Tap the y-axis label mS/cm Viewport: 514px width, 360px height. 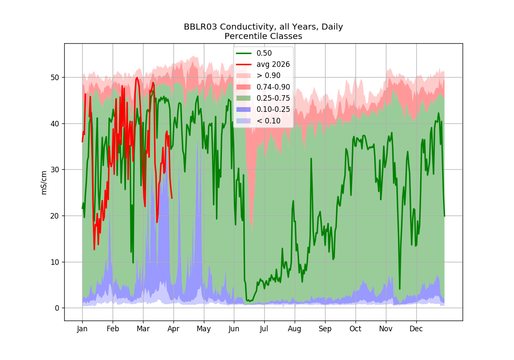point(44,183)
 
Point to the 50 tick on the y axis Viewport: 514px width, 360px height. point(55,78)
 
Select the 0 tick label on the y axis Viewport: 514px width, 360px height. point(57,308)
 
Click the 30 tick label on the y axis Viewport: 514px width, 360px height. point(55,170)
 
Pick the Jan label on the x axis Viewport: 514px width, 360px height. point(82,329)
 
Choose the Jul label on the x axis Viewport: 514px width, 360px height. point(264,329)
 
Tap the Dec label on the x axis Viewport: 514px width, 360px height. point(416,329)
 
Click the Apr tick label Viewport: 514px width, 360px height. point(173,329)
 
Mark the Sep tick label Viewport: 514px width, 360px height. point(325,329)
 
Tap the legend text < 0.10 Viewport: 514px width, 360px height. point(269,121)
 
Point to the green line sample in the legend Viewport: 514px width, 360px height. point(244,53)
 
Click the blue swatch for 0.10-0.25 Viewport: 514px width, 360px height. point(244,109)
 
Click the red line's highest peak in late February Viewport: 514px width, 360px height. point(137,78)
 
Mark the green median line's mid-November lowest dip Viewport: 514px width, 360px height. point(400,289)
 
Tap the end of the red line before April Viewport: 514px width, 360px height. point(172,198)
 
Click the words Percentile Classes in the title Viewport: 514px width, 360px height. point(263,36)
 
